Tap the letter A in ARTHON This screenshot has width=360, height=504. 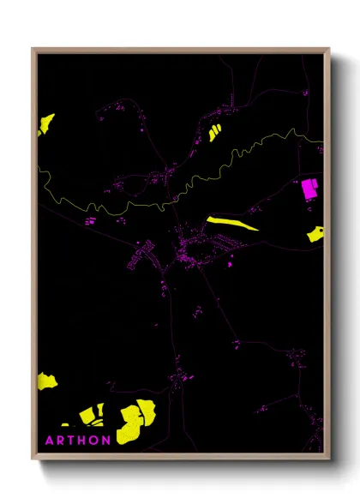50,441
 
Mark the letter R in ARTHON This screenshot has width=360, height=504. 60,441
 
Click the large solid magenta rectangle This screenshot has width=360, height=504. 309,189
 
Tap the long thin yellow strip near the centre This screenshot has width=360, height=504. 231,223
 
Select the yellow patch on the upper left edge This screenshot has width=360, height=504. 45,124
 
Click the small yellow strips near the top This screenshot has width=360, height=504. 213,132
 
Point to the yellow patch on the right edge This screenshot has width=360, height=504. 316,232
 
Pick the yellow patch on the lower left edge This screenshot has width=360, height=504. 46,380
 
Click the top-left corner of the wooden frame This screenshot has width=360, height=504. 33,49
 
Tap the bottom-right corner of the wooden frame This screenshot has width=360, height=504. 329,459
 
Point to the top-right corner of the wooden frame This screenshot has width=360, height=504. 329,49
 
